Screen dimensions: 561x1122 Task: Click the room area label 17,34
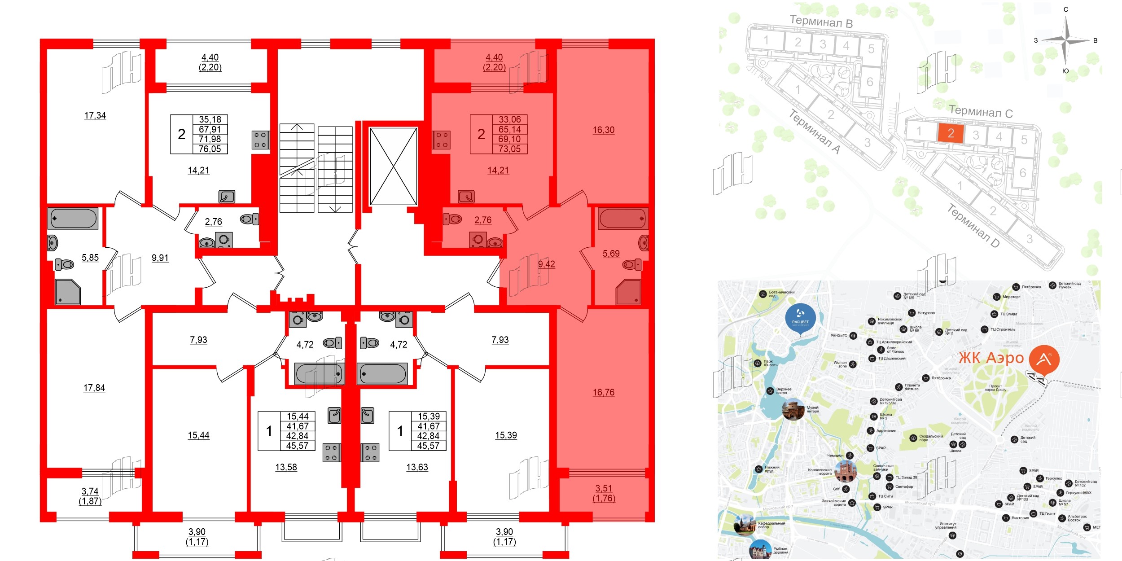[x=95, y=115]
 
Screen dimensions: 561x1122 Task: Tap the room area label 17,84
[x=94, y=388]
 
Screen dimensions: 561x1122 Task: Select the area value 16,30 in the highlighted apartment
[x=604, y=130]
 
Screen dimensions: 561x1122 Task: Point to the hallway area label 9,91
[x=160, y=258]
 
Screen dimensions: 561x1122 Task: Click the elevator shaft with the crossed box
[x=393, y=167]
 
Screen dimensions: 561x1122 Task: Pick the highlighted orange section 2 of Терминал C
[x=951, y=133]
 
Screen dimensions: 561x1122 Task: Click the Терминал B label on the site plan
[x=821, y=21]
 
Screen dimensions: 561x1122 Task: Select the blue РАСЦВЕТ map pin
[x=800, y=317]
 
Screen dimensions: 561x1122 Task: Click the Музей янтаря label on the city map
[x=812, y=409]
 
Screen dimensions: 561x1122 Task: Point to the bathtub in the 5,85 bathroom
[x=73, y=219]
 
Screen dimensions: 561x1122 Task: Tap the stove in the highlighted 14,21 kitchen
[x=441, y=140]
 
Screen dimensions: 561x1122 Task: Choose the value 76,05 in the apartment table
[x=210, y=149]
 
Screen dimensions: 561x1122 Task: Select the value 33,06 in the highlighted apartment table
[x=509, y=120]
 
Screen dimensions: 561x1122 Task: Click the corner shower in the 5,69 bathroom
[x=628, y=292]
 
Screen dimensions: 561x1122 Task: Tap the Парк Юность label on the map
[x=770, y=363]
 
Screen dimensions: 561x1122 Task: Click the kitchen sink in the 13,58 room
[x=334, y=416]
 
